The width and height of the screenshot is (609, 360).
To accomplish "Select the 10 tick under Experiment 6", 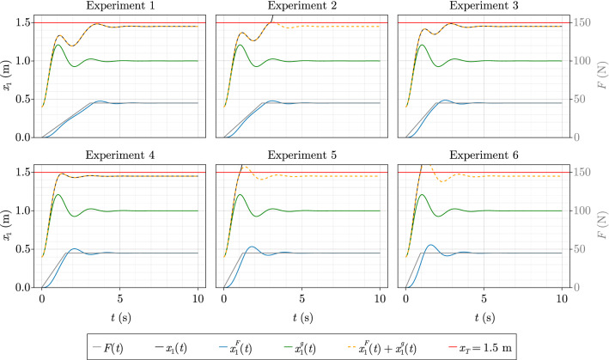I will click(x=562, y=294).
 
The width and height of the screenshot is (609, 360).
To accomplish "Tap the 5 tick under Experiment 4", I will click(x=119, y=294).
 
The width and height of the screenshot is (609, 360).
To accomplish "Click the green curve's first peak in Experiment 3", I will click(x=422, y=45).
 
